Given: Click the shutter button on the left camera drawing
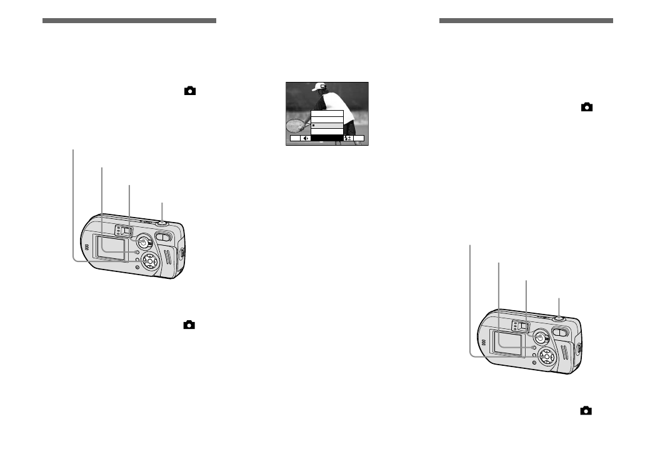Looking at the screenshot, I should coord(162,221).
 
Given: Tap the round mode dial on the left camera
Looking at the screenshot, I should coord(143,242).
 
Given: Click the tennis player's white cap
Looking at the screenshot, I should coord(320,86).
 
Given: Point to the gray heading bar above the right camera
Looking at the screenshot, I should coord(526,21).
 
